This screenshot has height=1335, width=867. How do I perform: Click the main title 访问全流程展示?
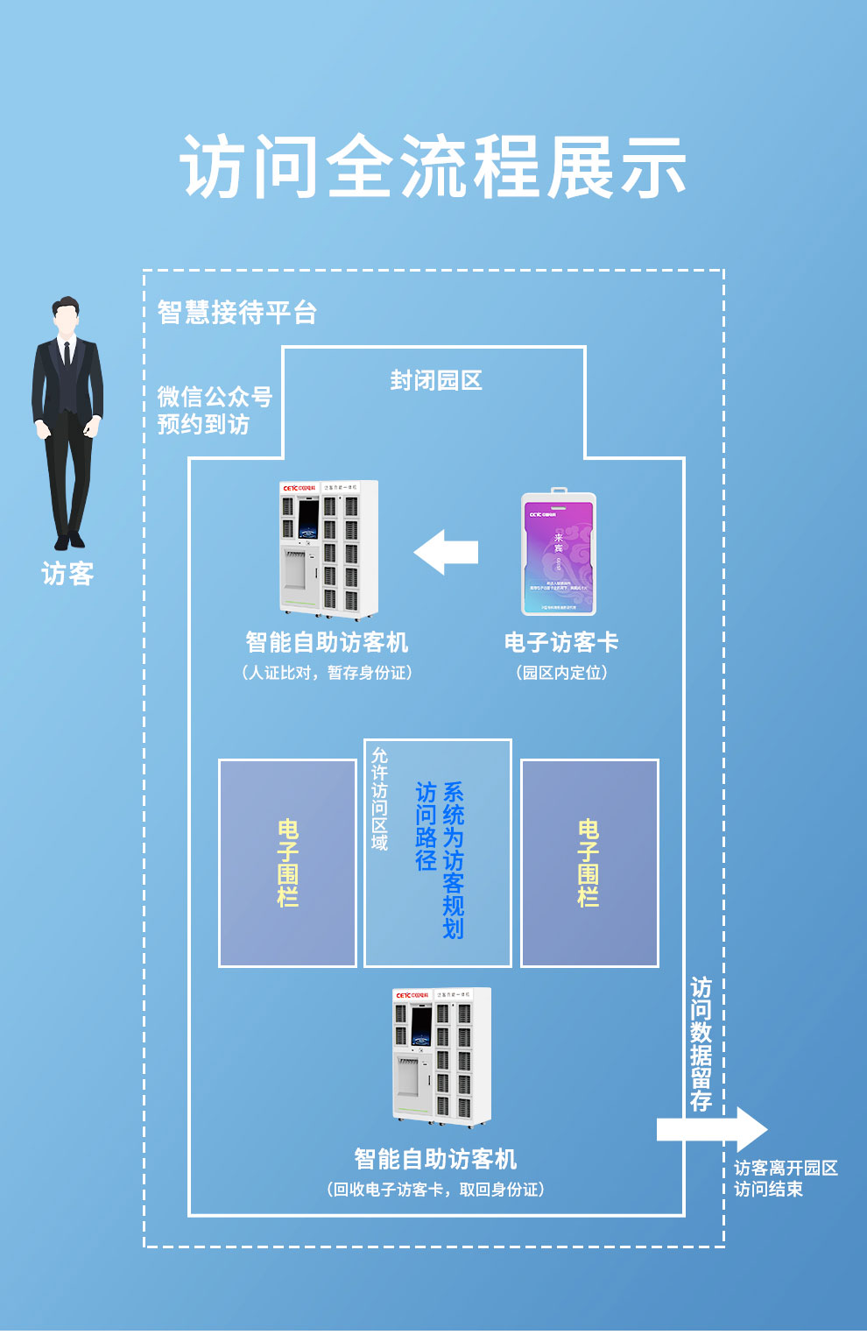tap(433, 166)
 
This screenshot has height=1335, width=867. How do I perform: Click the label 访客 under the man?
tap(67, 574)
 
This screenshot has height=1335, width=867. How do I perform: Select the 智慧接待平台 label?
tap(236, 312)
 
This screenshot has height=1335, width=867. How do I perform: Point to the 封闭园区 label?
tap(435, 380)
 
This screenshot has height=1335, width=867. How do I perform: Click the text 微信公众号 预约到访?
tap(215, 410)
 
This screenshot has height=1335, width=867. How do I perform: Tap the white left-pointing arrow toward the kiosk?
tap(446, 552)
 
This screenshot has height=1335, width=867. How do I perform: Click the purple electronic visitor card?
tap(559, 554)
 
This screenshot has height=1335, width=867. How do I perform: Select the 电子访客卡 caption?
tap(561, 642)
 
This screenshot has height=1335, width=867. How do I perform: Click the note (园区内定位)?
tap(561, 673)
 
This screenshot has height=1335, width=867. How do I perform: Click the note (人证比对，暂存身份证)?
tap(327, 673)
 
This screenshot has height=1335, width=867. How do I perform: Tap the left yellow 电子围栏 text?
tap(287, 863)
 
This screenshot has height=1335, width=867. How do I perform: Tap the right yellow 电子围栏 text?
tap(589, 863)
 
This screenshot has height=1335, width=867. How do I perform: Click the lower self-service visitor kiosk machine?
tap(441, 1057)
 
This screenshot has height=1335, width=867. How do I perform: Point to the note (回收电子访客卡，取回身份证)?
tap(435, 1190)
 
